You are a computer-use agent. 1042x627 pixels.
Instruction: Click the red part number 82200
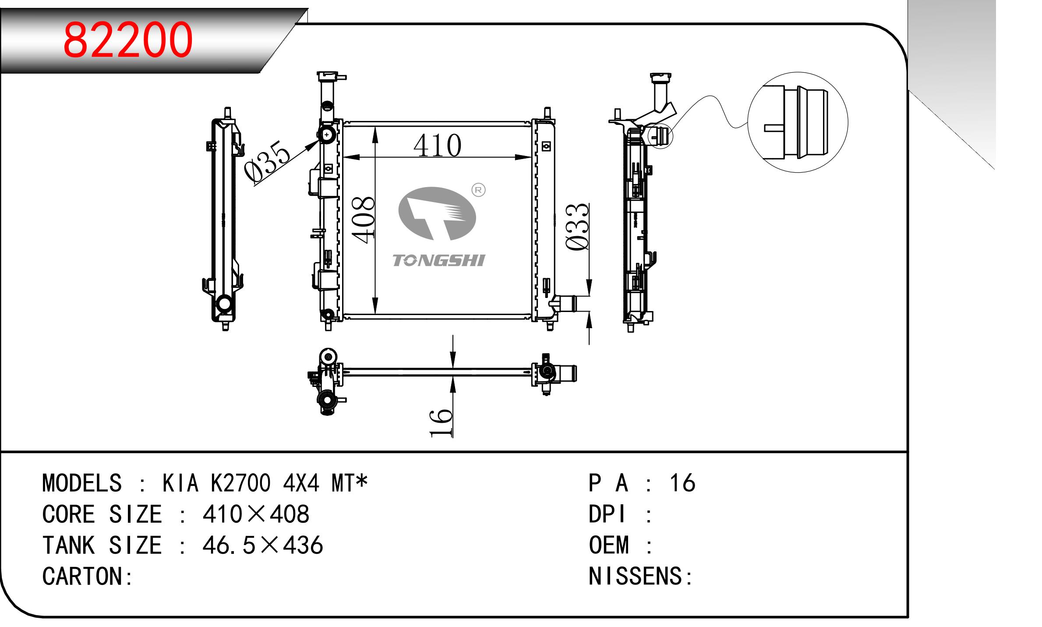point(128,40)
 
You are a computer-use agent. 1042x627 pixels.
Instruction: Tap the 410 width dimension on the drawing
point(437,146)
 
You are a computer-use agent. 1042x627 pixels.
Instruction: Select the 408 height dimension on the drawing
point(364,220)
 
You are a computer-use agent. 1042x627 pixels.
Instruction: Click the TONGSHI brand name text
point(438,261)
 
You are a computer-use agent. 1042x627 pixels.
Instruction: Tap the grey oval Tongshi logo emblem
point(437,213)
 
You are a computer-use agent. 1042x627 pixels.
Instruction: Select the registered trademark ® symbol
point(478,190)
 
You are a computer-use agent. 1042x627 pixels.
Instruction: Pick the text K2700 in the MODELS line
point(240,483)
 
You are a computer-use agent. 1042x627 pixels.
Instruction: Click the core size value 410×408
point(256,514)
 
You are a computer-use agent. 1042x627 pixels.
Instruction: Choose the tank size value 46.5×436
point(262,546)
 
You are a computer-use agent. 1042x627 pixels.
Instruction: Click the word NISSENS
point(635,577)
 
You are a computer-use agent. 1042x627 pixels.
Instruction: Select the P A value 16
point(682,483)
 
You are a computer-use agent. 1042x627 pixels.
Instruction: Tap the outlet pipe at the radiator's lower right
point(566,302)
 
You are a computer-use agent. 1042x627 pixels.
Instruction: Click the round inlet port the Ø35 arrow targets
point(327,135)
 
